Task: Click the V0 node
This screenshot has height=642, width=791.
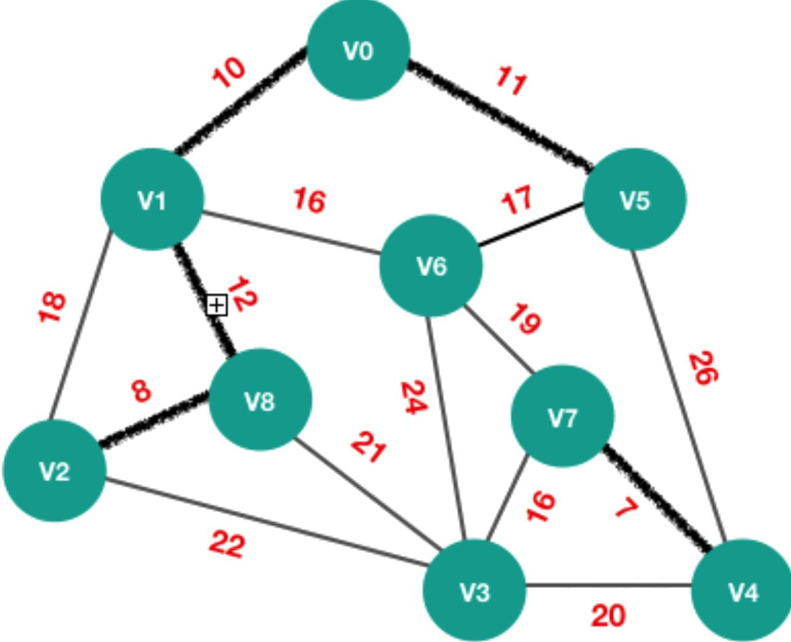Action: coord(359,49)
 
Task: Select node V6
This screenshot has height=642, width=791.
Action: coord(431,266)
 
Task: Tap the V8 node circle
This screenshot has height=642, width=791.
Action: coord(261,399)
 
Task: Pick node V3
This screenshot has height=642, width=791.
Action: coord(474,591)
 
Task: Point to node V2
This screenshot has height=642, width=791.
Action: coord(55,471)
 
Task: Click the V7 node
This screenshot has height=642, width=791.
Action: coord(562,416)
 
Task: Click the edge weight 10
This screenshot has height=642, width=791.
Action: coord(229,73)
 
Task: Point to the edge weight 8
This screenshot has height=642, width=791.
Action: coord(141,391)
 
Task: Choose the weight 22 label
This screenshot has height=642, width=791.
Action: coord(227,545)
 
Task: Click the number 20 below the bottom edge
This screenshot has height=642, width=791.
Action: coord(608,616)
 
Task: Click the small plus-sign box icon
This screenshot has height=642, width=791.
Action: coord(217,306)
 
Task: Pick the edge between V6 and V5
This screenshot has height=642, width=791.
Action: coord(530,224)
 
